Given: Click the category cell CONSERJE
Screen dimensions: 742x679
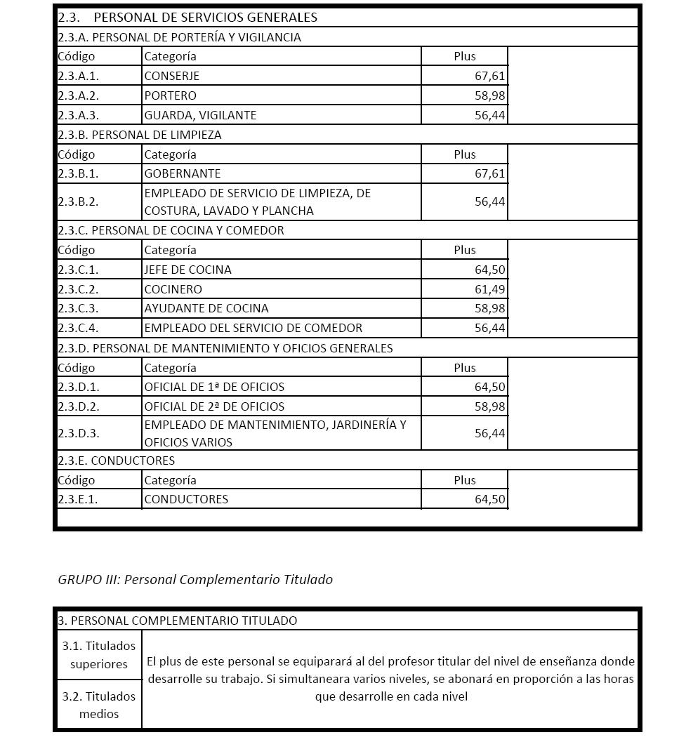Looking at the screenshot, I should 172,76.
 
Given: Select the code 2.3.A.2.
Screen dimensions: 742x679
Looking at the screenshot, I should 78,95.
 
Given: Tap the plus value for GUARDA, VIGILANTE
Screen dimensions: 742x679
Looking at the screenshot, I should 489,115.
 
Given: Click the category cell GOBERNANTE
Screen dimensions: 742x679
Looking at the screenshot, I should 183,173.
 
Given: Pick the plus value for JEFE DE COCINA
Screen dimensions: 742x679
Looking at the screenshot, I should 489,270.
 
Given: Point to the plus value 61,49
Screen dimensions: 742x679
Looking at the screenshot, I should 489,289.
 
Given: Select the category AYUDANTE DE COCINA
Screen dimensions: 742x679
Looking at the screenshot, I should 206,308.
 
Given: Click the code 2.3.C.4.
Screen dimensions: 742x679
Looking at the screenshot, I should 78,328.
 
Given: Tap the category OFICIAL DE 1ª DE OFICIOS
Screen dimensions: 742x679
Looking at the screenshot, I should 214,387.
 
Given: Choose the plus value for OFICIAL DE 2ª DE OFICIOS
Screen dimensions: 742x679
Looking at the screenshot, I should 489,406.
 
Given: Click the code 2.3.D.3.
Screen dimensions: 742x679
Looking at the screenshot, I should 78,433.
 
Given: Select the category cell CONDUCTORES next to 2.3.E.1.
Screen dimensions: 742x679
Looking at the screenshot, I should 186,499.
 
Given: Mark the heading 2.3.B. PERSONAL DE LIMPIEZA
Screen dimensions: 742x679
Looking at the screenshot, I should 140,135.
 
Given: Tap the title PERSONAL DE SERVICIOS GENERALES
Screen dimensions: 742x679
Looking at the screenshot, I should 205,18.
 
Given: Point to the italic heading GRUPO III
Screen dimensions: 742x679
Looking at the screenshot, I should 195,579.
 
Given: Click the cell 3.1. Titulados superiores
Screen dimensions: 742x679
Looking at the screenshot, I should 99,654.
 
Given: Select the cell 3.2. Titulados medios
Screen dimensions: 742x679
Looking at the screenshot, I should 99,705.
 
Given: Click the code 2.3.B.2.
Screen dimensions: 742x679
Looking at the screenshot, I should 78,201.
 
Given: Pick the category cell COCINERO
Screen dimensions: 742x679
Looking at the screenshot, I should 173,289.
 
